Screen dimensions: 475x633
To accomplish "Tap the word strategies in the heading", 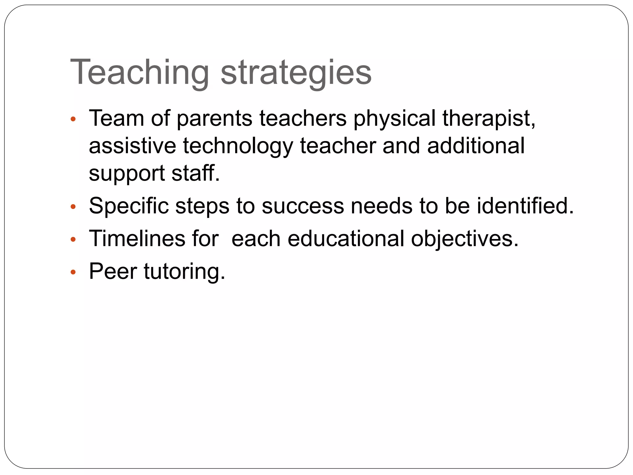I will [x=296, y=72].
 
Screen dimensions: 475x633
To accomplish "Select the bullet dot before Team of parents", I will [x=73, y=119].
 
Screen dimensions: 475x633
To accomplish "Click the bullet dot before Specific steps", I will [x=73, y=207].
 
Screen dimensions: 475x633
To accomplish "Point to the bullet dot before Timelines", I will [x=73, y=239].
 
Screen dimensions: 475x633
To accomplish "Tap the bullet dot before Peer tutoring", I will [x=73, y=272].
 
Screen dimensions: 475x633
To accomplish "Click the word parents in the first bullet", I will [x=215, y=119].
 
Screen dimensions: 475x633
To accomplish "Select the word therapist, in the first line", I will [x=489, y=118].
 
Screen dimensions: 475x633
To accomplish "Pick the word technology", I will [x=238, y=146].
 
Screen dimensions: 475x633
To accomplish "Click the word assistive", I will [x=132, y=146].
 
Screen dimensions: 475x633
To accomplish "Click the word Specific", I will [x=129, y=206].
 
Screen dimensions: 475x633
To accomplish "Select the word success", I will [x=303, y=206].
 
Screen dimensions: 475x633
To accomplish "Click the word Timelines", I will [x=137, y=239].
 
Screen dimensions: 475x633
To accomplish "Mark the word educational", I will [x=346, y=239].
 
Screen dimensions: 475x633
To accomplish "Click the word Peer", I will [x=113, y=272].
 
